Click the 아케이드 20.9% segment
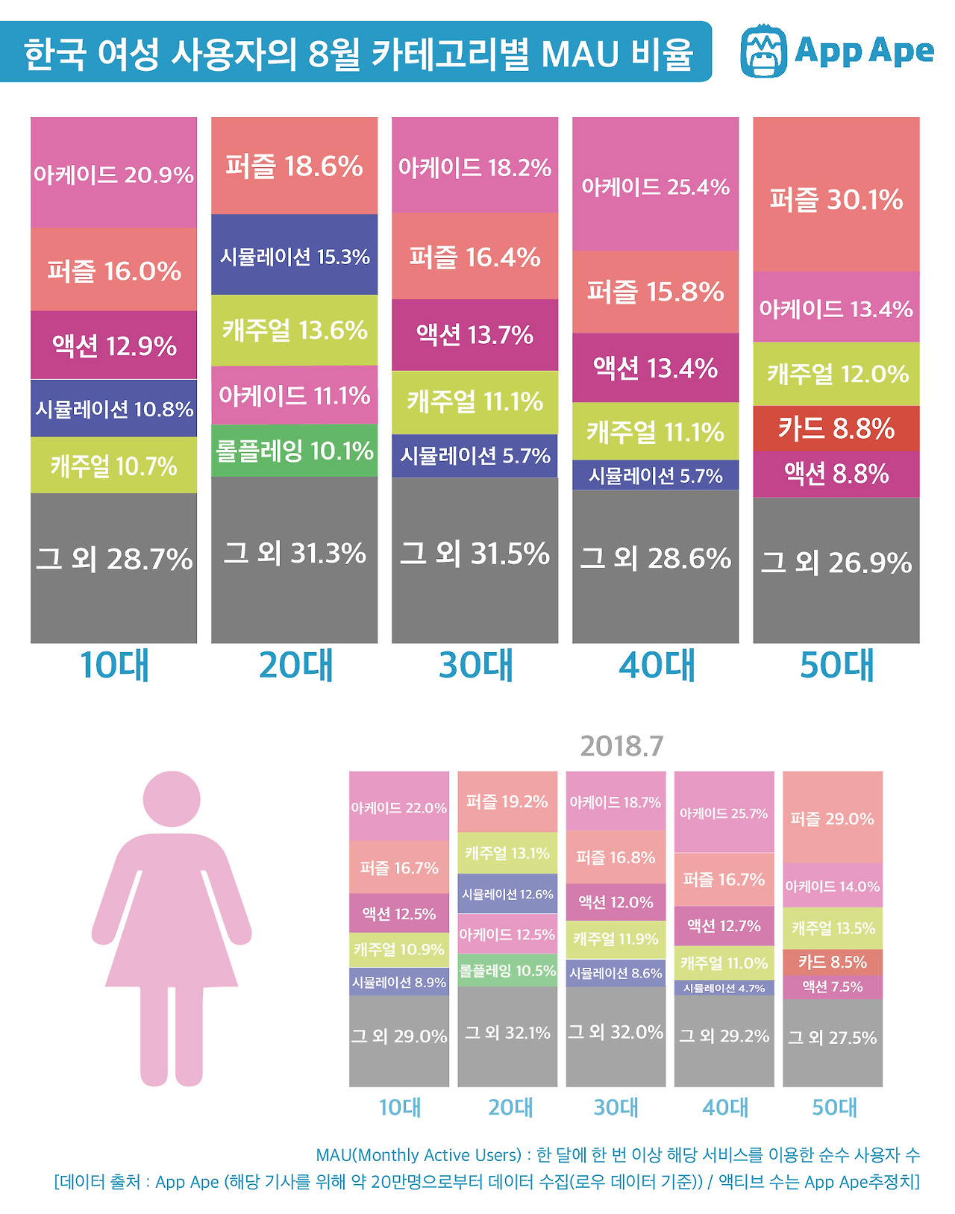[x=113, y=174]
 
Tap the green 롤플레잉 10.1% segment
[x=294, y=451]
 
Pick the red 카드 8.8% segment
[x=836, y=428]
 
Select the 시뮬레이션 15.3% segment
[x=294, y=256]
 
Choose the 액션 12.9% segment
[x=113, y=345]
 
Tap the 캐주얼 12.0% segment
[x=836, y=373]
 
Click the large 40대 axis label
[x=657, y=666]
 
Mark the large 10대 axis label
[x=114, y=666]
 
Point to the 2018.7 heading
[x=621, y=745]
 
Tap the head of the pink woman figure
[x=172, y=798]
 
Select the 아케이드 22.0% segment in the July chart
[x=399, y=807]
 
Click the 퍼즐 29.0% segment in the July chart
[x=832, y=819]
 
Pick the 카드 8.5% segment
[x=832, y=962]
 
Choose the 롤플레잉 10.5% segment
[x=507, y=971]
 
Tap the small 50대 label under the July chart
[x=834, y=1107]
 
